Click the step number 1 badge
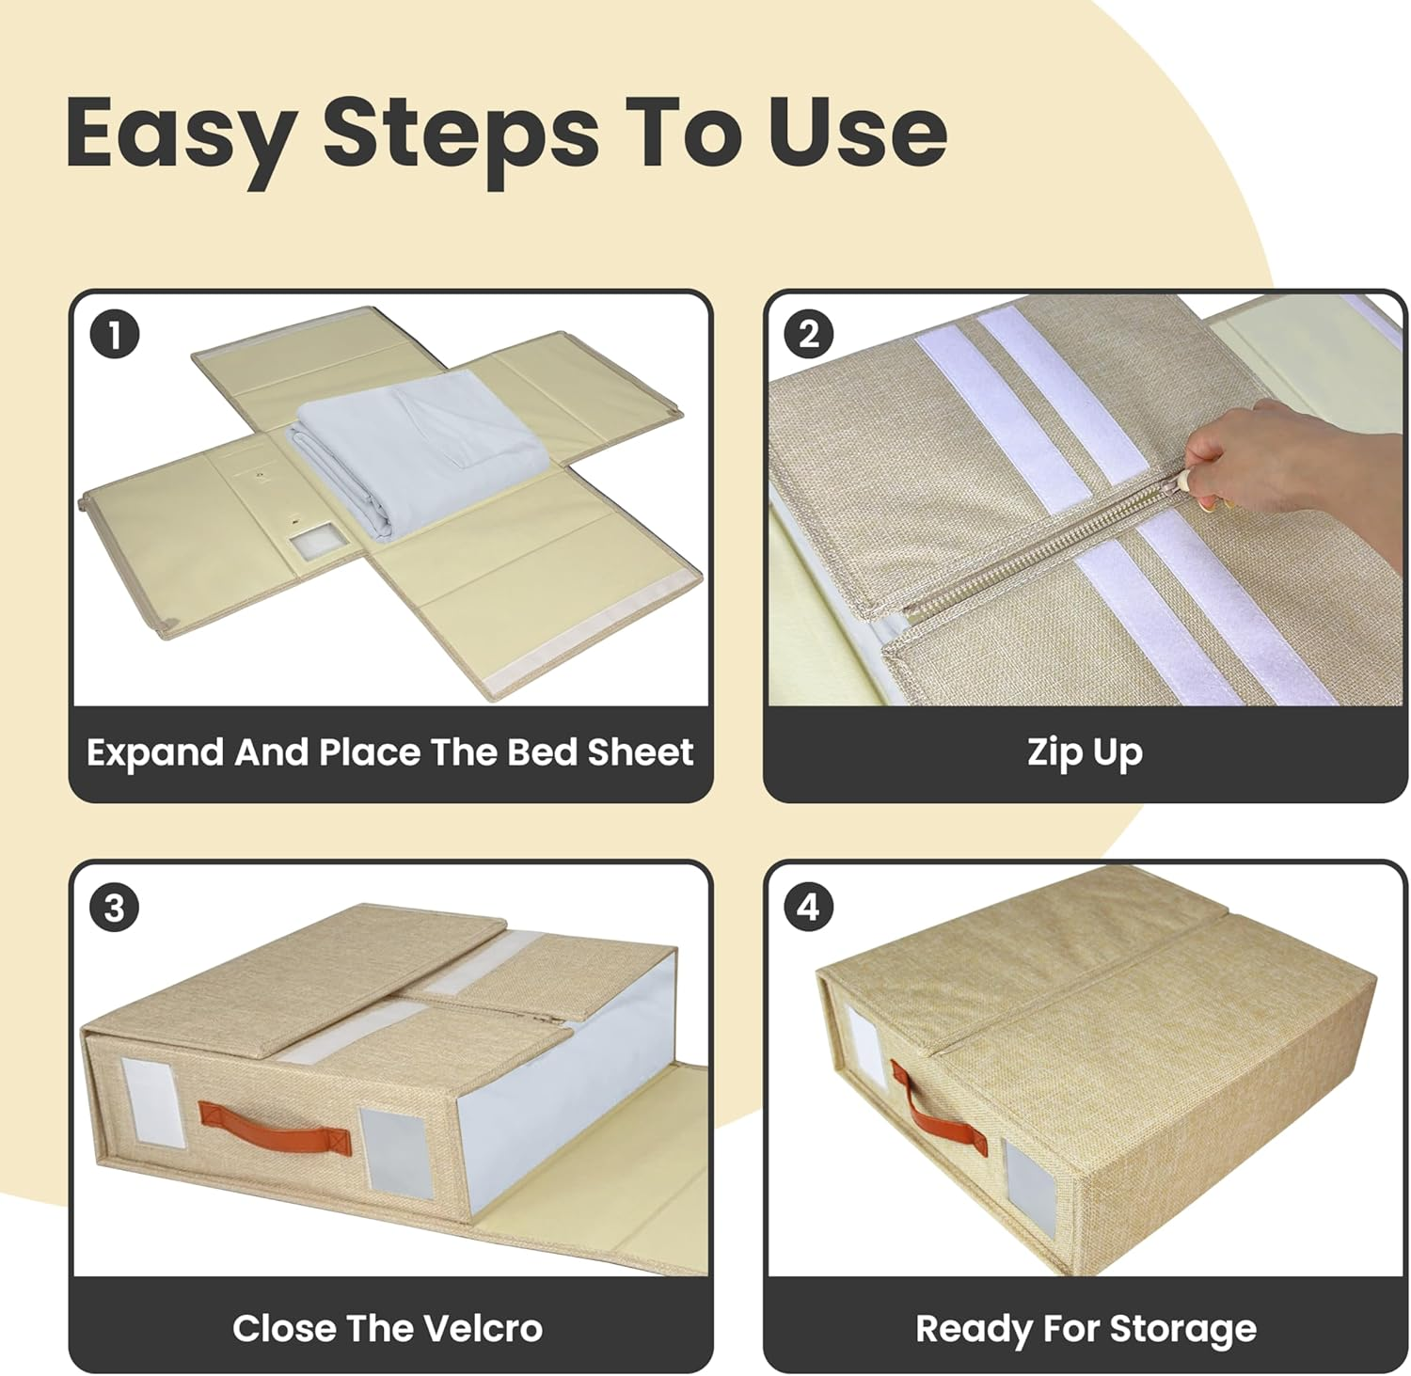click(x=115, y=335)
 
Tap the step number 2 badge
click(x=809, y=335)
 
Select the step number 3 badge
click(x=115, y=909)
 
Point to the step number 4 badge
click(x=809, y=909)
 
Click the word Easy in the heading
click(x=180, y=135)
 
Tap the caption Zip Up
click(x=1085, y=754)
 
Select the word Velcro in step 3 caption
click(x=482, y=1328)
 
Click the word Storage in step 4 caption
click(x=1182, y=1330)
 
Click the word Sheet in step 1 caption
click(x=640, y=752)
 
